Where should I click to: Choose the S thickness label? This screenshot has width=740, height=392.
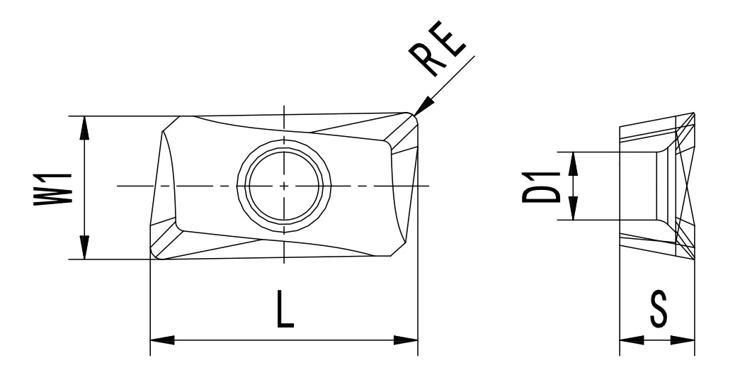coord(657,311)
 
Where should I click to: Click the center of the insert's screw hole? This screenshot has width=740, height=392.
coord(284,186)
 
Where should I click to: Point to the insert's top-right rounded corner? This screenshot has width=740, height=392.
coord(411,119)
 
